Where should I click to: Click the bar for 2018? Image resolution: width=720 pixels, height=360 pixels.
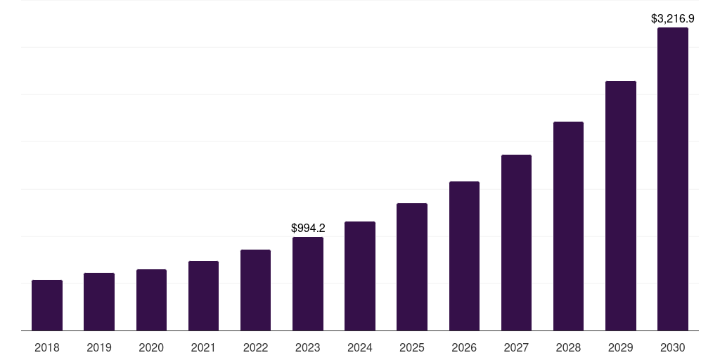(x=47, y=305)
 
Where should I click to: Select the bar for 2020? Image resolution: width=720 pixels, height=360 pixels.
(x=151, y=300)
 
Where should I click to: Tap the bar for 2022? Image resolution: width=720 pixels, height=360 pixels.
(x=255, y=290)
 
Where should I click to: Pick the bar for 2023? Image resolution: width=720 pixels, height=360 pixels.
(x=308, y=283)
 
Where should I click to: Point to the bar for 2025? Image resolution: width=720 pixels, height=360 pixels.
(x=412, y=266)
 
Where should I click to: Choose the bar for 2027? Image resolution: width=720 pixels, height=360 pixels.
(x=516, y=243)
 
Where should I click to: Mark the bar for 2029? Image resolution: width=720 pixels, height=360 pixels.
(x=620, y=205)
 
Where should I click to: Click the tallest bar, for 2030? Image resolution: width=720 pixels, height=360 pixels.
(x=673, y=179)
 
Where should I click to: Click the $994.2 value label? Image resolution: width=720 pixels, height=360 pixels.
(x=308, y=228)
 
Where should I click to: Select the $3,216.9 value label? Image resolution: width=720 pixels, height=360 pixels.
(x=673, y=18)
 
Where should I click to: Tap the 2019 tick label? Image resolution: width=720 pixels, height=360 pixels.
(x=99, y=347)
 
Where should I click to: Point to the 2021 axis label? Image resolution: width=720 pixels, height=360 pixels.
(x=203, y=347)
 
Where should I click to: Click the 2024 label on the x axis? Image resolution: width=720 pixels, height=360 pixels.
(x=360, y=347)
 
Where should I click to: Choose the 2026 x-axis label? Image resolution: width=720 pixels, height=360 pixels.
(x=464, y=347)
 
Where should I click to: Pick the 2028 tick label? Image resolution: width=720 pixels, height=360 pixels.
(x=568, y=347)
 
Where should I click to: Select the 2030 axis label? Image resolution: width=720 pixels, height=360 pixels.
(x=673, y=347)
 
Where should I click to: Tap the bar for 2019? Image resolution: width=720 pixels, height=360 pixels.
(x=99, y=302)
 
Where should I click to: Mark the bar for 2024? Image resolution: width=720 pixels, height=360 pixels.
(x=360, y=276)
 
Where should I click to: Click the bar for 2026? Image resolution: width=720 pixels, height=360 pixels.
(x=464, y=256)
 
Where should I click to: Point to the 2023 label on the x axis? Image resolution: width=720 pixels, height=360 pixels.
(x=308, y=347)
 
